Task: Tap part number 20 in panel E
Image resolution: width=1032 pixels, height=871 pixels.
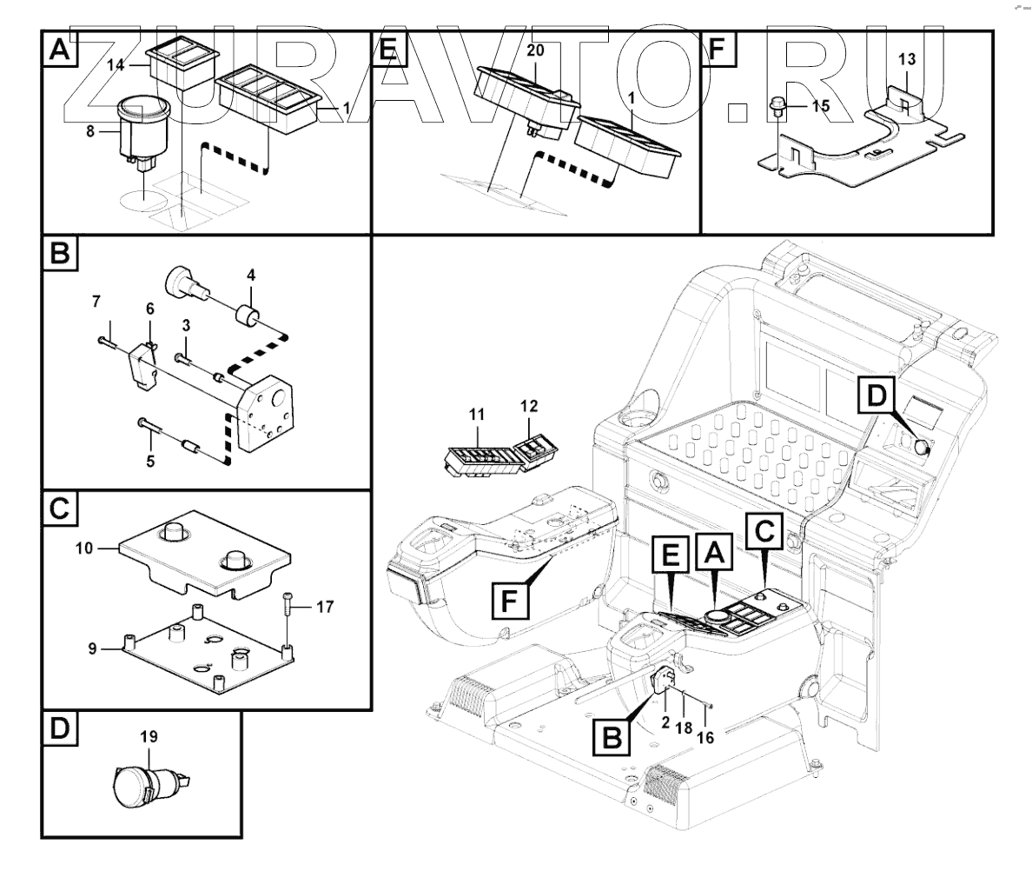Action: click(535, 50)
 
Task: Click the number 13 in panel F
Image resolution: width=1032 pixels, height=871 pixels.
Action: click(906, 59)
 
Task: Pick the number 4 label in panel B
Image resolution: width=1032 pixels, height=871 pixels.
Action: click(250, 276)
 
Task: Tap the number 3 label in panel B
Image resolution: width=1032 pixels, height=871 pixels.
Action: click(186, 325)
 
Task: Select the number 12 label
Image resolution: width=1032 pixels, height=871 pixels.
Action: click(529, 406)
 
